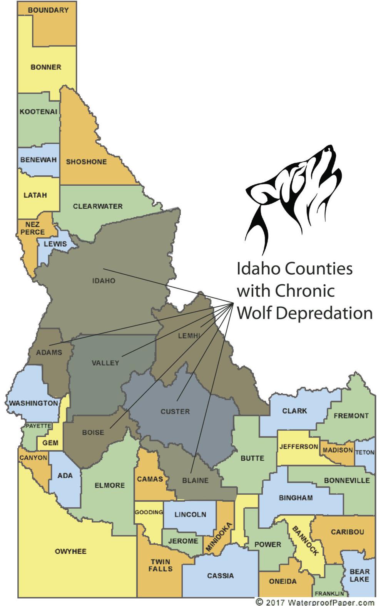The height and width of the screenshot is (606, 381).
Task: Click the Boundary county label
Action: coord(48,10)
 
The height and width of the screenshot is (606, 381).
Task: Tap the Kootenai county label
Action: coord(38,112)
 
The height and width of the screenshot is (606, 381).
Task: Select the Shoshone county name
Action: coord(86,162)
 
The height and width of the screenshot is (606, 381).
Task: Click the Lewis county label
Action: coord(55,244)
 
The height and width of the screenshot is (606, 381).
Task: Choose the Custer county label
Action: coord(175,411)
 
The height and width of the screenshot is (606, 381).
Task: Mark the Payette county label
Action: coord(38,426)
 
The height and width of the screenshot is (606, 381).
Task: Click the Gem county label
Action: coord(50,443)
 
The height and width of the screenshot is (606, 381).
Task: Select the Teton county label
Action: coord(364,452)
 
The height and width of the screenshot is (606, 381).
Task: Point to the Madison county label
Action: coord(338,450)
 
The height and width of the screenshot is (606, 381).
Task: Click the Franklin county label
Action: coord(329,594)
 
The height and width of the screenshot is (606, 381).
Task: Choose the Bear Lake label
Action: coord(359,575)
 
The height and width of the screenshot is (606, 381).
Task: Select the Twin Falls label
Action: coord(160,565)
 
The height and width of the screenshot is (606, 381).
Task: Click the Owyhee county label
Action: coord(70,551)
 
